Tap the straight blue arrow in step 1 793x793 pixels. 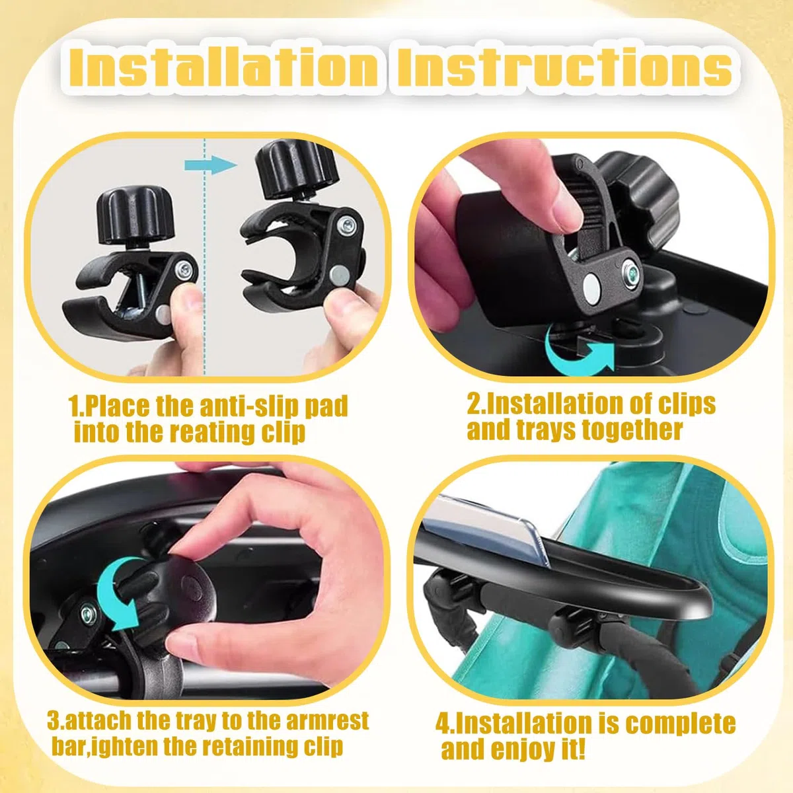[x=210, y=165]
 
